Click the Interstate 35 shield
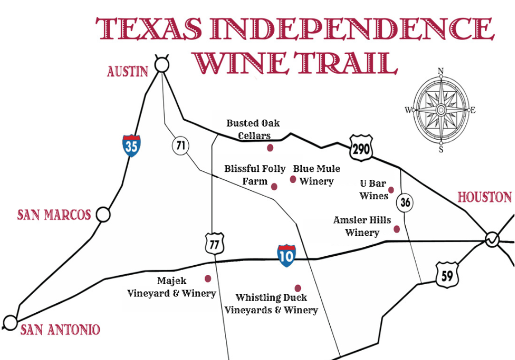tap(132, 145)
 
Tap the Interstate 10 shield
tap(287, 256)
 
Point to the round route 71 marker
tap(180, 145)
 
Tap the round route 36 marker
tap(405, 202)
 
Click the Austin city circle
tap(161, 65)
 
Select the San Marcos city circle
tap(103, 215)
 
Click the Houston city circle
tap(492, 239)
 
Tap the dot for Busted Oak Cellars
tap(270, 147)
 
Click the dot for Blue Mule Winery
tap(293, 179)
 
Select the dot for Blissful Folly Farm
tap(274, 186)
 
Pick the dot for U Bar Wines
tap(391, 190)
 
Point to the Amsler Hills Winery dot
tap(396, 229)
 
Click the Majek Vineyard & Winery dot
tap(208, 279)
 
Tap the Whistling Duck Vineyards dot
tap(298, 288)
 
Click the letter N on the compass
tap(441, 71)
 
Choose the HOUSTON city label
tap(484, 197)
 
